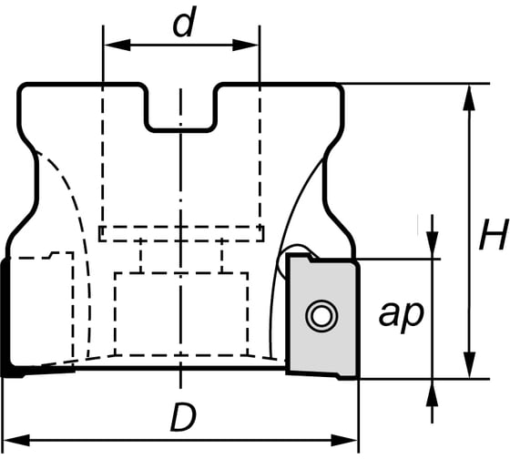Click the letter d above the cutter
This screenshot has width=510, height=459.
tap(183, 25)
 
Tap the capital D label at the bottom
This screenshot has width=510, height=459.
tap(182, 419)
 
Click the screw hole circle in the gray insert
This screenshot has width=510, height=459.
tap(320, 316)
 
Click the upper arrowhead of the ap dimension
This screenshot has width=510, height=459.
tap(433, 249)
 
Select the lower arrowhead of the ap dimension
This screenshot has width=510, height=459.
tap(433, 386)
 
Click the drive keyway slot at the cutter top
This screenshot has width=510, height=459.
tap(182, 107)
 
